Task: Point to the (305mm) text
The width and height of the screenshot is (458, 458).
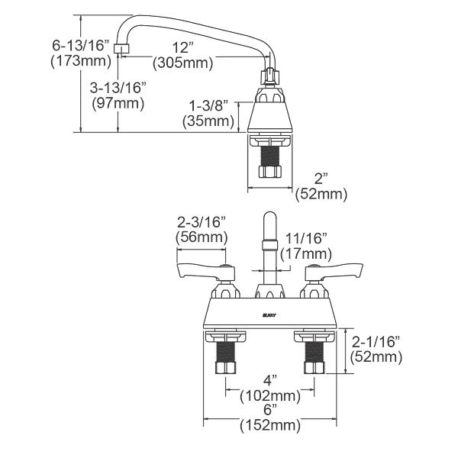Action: pos(182,63)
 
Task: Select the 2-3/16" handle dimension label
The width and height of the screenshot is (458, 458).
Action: pos(202,221)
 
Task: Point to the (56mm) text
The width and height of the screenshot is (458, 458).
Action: pos(202,237)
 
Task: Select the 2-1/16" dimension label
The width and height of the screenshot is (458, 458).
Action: pos(377,341)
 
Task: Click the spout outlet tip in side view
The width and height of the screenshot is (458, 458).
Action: pos(119,50)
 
